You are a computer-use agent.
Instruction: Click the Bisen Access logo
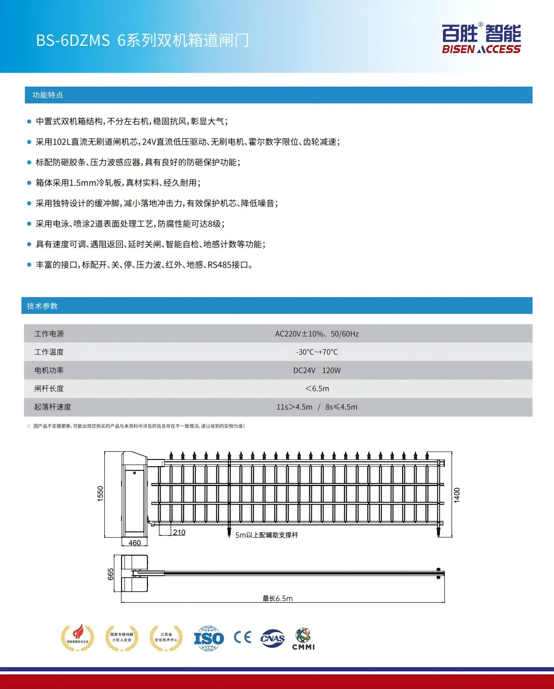(481, 39)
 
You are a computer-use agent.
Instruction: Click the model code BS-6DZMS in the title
(73, 40)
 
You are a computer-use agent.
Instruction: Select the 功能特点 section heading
(48, 95)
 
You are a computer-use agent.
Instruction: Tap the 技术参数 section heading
(42, 306)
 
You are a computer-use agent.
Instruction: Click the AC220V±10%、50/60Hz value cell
(317, 334)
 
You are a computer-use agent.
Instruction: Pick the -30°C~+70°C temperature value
(317, 352)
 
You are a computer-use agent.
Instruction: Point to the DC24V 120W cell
(317, 370)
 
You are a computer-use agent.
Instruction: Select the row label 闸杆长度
(49, 389)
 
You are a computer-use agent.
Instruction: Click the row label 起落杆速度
(53, 407)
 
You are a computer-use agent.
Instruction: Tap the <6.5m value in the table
(317, 389)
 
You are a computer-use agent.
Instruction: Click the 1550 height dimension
(100, 494)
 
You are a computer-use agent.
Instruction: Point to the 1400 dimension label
(457, 495)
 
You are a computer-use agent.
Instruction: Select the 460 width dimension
(134, 543)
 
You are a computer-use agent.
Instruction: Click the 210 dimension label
(179, 532)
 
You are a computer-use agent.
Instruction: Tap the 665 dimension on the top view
(111, 574)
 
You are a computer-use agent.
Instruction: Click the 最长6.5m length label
(277, 598)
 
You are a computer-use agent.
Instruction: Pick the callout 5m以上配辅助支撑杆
(267, 535)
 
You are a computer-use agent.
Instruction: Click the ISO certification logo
(209, 638)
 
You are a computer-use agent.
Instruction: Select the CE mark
(243, 637)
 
